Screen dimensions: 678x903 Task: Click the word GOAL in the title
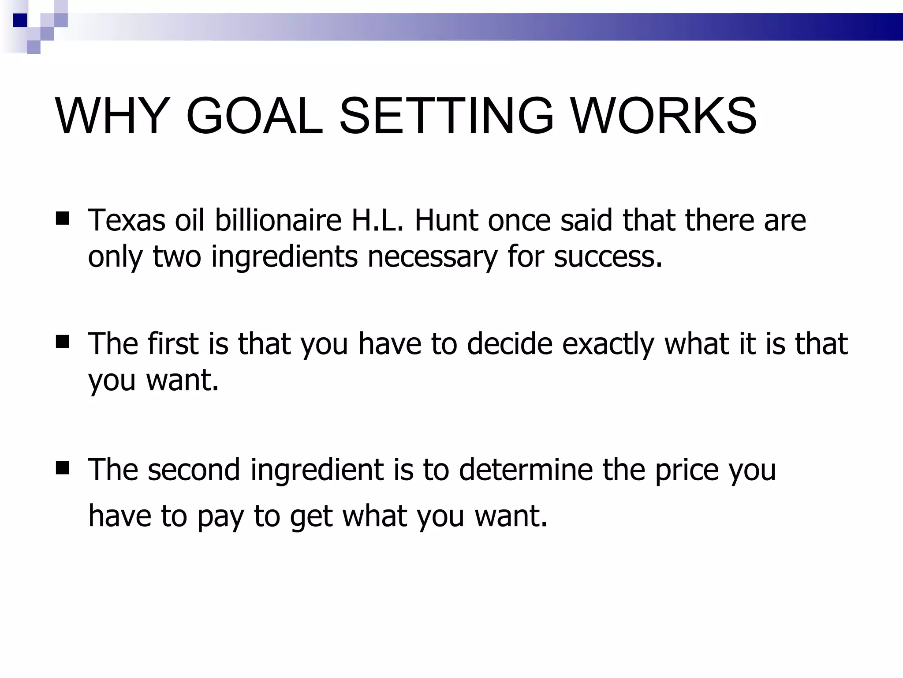[254, 116]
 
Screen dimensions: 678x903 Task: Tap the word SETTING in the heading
[446, 116]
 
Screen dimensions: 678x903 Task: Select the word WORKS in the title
[664, 116]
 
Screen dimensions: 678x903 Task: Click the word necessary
[433, 256]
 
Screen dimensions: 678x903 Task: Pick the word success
[608, 256]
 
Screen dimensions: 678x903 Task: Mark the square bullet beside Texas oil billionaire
[63, 218]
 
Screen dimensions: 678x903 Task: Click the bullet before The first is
[63, 342]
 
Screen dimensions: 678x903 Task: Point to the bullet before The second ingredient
[63, 468]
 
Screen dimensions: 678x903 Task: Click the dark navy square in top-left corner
[20, 20]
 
